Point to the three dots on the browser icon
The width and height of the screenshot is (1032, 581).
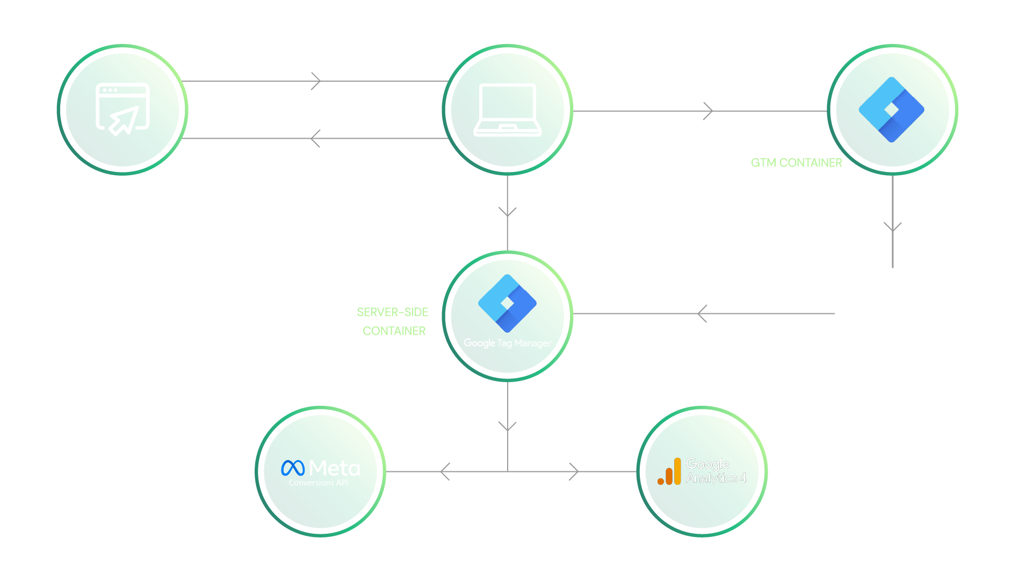tap(110, 90)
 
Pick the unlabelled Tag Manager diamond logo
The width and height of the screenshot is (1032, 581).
tap(891, 110)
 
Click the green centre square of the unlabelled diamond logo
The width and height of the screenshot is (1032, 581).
tap(891, 110)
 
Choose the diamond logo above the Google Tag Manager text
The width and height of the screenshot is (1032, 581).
tap(507, 303)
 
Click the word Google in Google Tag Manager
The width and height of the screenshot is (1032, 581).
tap(479, 343)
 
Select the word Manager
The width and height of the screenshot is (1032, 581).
tap(532, 343)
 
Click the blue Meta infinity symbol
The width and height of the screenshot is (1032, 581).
tap(293, 468)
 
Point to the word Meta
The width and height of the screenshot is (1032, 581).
tap(335, 468)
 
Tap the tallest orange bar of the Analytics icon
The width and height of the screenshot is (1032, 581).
tap(677, 471)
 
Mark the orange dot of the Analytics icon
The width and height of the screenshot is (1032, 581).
tap(660, 481)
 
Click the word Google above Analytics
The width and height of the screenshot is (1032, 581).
tap(707, 464)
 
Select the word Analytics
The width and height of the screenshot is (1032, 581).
tap(711, 478)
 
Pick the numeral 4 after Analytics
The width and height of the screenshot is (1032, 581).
tap(743, 477)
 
